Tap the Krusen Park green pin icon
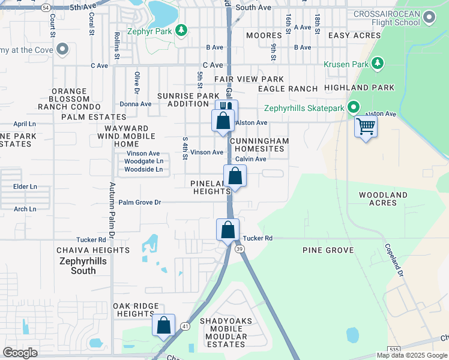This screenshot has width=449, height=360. tap(378, 63)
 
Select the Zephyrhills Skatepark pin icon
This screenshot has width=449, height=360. tap(354, 108)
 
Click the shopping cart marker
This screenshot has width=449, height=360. tap(365, 127)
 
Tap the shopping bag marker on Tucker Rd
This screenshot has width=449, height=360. tap(228, 230)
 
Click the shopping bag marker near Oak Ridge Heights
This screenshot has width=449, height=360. tap(163, 325)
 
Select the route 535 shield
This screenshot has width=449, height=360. tap(394, 349)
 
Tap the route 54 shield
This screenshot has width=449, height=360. tap(46, 7)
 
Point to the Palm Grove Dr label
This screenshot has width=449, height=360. tap(140, 202)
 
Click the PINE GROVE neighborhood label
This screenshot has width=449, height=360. tap(328, 250)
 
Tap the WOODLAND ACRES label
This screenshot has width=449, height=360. tap(383, 199)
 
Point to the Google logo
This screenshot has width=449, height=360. tap(20, 353)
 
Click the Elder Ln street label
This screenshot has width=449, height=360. tap(25, 187)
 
